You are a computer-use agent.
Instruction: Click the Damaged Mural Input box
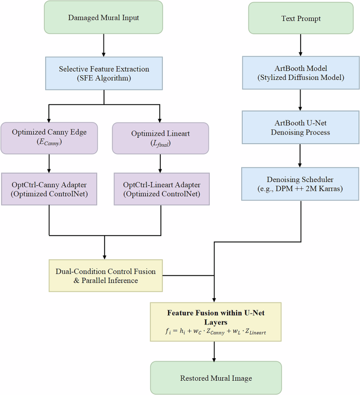point(104,18)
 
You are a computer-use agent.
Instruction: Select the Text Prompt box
point(301,18)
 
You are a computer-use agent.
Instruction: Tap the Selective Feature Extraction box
point(104,74)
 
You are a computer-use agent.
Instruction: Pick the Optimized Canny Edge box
point(48,138)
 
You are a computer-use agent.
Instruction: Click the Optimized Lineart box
point(161,138)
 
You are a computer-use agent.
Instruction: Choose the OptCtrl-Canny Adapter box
point(48,188)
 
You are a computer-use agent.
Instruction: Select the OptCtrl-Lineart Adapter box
point(161,188)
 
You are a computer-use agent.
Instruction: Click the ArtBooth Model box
point(301,74)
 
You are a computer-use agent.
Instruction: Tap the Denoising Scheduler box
point(301,184)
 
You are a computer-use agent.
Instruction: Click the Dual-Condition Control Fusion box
point(106,276)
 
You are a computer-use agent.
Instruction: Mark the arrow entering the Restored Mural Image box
point(216,351)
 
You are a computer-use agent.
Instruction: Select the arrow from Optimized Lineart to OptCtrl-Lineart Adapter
point(161,163)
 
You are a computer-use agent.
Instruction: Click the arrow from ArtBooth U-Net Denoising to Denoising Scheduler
point(301,156)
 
